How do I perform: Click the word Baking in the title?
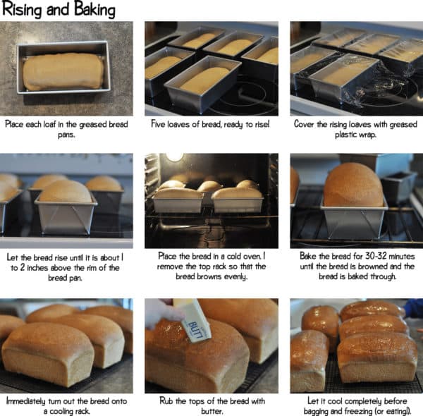coord(92,10)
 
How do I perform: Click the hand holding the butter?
coord(160,312)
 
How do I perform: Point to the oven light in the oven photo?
coord(174,157)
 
